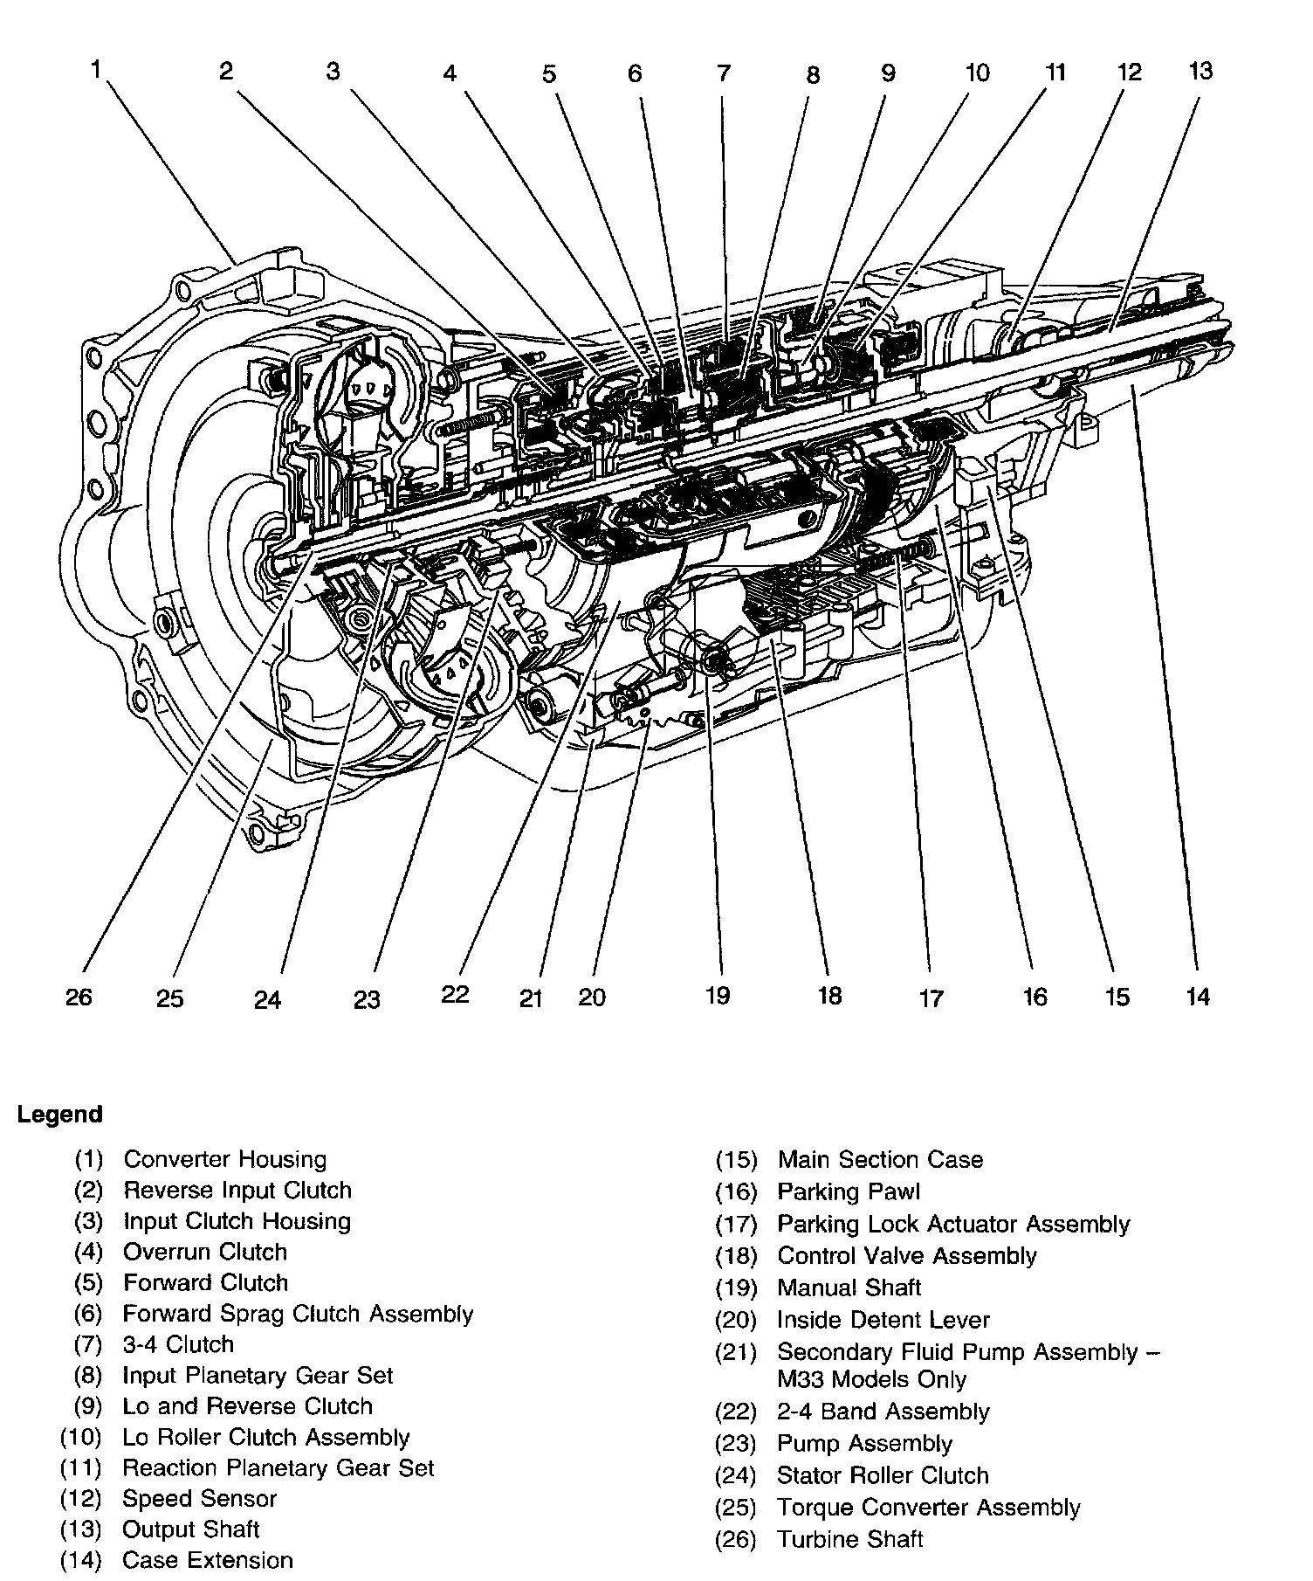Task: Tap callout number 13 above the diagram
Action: click(1201, 71)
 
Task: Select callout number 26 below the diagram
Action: click(79, 997)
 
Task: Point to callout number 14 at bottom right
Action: click(1199, 997)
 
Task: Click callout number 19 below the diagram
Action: click(717, 995)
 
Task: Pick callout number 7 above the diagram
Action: click(724, 73)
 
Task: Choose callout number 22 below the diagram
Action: click(455, 995)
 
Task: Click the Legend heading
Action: click(59, 1115)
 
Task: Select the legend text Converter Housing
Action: click(224, 1160)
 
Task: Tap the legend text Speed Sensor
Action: click(199, 1499)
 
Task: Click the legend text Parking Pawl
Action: click(849, 1191)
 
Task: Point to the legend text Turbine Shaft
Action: click(850, 1539)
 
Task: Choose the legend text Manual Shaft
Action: click(849, 1288)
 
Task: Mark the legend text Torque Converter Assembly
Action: click(929, 1508)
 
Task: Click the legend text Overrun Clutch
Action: click(205, 1252)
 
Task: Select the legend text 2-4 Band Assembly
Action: click(883, 1412)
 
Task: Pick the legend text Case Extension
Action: click(208, 1560)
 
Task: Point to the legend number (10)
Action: click(81, 1437)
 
